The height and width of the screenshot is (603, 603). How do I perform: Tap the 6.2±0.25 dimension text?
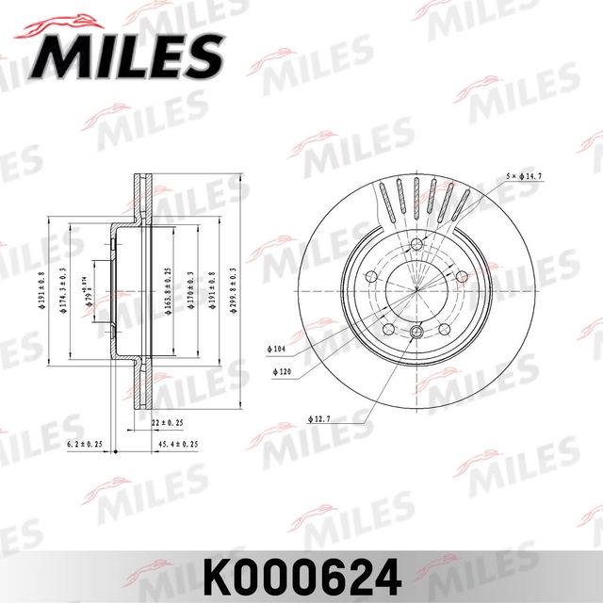[x=85, y=443]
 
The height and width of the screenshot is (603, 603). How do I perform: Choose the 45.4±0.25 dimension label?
[x=178, y=443]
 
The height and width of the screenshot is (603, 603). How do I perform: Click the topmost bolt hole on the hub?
[x=416, y=246]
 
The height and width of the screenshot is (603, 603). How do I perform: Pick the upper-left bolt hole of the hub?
[x=371, y=277]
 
